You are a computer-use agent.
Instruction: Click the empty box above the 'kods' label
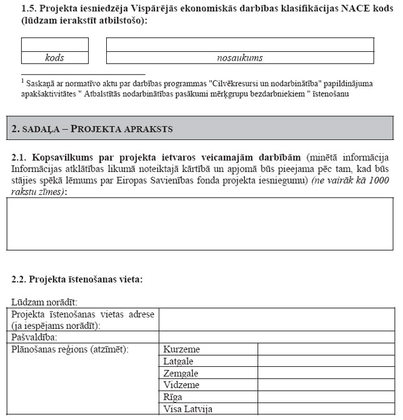click(55, 44)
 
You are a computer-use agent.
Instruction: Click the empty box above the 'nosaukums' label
click(240, 44)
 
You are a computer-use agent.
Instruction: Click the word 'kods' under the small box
click(55, 57)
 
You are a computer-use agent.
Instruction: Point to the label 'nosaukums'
click(240, 57)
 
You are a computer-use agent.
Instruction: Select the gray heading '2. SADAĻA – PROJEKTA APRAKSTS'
click(92, 129)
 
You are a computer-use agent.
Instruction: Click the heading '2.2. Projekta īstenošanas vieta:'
click(77, 279)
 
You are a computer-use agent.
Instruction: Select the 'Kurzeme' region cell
click(181, 349)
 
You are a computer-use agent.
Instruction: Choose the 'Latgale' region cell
click(178, 361)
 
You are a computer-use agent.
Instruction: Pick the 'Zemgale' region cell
click(181, 373)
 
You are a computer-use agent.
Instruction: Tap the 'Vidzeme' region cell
click(181, 385)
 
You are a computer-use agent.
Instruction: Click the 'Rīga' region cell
click(173, 397)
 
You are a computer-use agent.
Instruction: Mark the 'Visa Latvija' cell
click(187, 409)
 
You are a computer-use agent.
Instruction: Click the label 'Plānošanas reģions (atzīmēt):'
click(70, 349)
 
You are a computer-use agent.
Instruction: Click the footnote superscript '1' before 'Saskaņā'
click(22, 81)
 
